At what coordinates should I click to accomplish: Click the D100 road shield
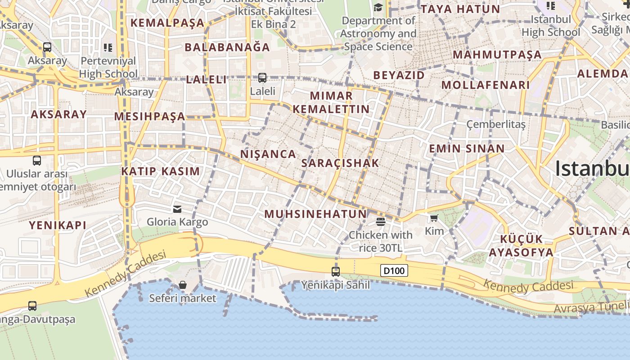tap(395, 270)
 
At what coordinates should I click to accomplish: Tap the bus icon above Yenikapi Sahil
tap(336, 271)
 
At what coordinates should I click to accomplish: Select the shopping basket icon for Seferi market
tap(183, 285)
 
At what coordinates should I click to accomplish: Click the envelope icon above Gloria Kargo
tap(177, 209)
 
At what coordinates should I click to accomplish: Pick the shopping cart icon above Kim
tap(434, 218)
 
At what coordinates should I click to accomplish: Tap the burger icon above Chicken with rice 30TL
tap(381, 221)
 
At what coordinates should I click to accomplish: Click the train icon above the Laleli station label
tap(262, 78)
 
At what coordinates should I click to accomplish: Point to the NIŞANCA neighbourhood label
tap(268, 154)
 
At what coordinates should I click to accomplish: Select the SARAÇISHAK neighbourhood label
tap(340, 163)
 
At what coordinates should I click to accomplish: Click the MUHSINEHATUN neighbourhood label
tap(315, 214)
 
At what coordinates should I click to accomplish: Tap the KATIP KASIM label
tap(160, 171)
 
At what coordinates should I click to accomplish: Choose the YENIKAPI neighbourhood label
tap(58, 225)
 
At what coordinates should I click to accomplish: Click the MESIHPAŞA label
tap(149, 117)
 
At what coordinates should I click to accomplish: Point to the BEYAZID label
tap(399, 75)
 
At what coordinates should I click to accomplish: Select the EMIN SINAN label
tap(467, 148)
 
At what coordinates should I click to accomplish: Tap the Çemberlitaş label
tap(496, 124)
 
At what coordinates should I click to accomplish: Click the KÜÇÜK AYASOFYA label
tap(521, 245)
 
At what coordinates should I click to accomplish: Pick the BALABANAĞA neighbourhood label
tap(227, 47)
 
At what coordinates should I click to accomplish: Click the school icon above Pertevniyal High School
tap(108, 47)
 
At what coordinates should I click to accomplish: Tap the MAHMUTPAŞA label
tap(497, 55)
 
